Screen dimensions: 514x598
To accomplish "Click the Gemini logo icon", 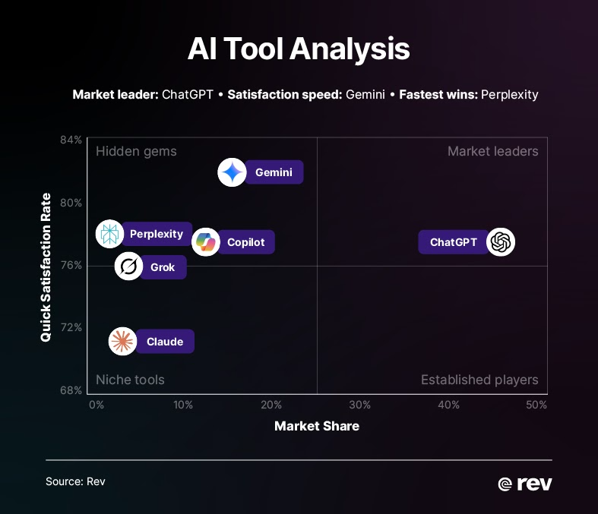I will click(232, 172).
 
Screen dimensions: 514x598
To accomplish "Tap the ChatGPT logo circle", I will click(500, 242).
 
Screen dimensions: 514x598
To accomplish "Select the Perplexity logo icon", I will click(109, 234).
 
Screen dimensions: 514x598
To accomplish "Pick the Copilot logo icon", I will click(206, 242).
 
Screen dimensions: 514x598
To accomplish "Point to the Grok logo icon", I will click(128, 267).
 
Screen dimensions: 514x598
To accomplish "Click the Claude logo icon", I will click(122, 342).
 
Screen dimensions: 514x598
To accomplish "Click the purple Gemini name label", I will click(274, 172).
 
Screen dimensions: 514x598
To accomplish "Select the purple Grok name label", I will click(163, 267).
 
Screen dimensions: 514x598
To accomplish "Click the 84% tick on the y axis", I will click(71, 140).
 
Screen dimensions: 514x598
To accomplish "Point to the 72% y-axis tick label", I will click(71, 327).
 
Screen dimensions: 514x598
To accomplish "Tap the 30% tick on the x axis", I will click(360, 405).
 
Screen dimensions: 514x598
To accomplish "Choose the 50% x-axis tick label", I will click(536, 405).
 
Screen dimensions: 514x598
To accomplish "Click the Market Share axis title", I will click(317, 426).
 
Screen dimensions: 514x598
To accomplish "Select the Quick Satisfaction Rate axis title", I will click(46, 266).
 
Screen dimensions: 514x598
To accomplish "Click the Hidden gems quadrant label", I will click(136, 151).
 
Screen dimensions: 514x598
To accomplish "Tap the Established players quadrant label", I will click(479, 380).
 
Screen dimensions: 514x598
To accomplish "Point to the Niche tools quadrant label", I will click(130, 380).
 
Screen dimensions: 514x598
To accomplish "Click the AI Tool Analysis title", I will click(299, 50).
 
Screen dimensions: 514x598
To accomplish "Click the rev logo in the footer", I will click(524, 484).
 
